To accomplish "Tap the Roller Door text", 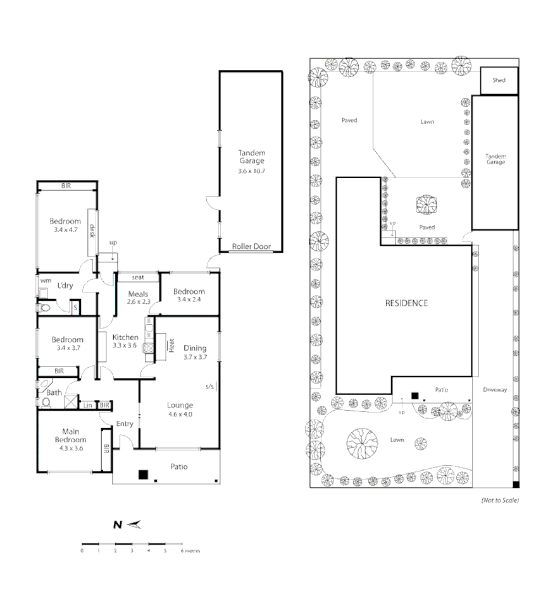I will coord(251,246).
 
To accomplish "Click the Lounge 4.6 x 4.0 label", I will coord(179,409).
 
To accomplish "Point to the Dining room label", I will coord(195,352).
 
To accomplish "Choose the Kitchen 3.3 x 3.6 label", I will coord(125,341).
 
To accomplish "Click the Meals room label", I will coord(137,298).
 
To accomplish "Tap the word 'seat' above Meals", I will coord(137,277).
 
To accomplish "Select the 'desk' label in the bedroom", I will coord(92,231).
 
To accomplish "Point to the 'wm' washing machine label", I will coord(45,280).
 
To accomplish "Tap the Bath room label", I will coord(54,392).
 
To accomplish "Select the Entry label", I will coord(125,423).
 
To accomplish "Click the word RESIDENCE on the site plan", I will coord(406,303).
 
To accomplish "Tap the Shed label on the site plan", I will coord(499,80).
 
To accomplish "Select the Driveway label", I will coord(494,390).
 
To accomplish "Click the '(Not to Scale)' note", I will coord(499,500).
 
